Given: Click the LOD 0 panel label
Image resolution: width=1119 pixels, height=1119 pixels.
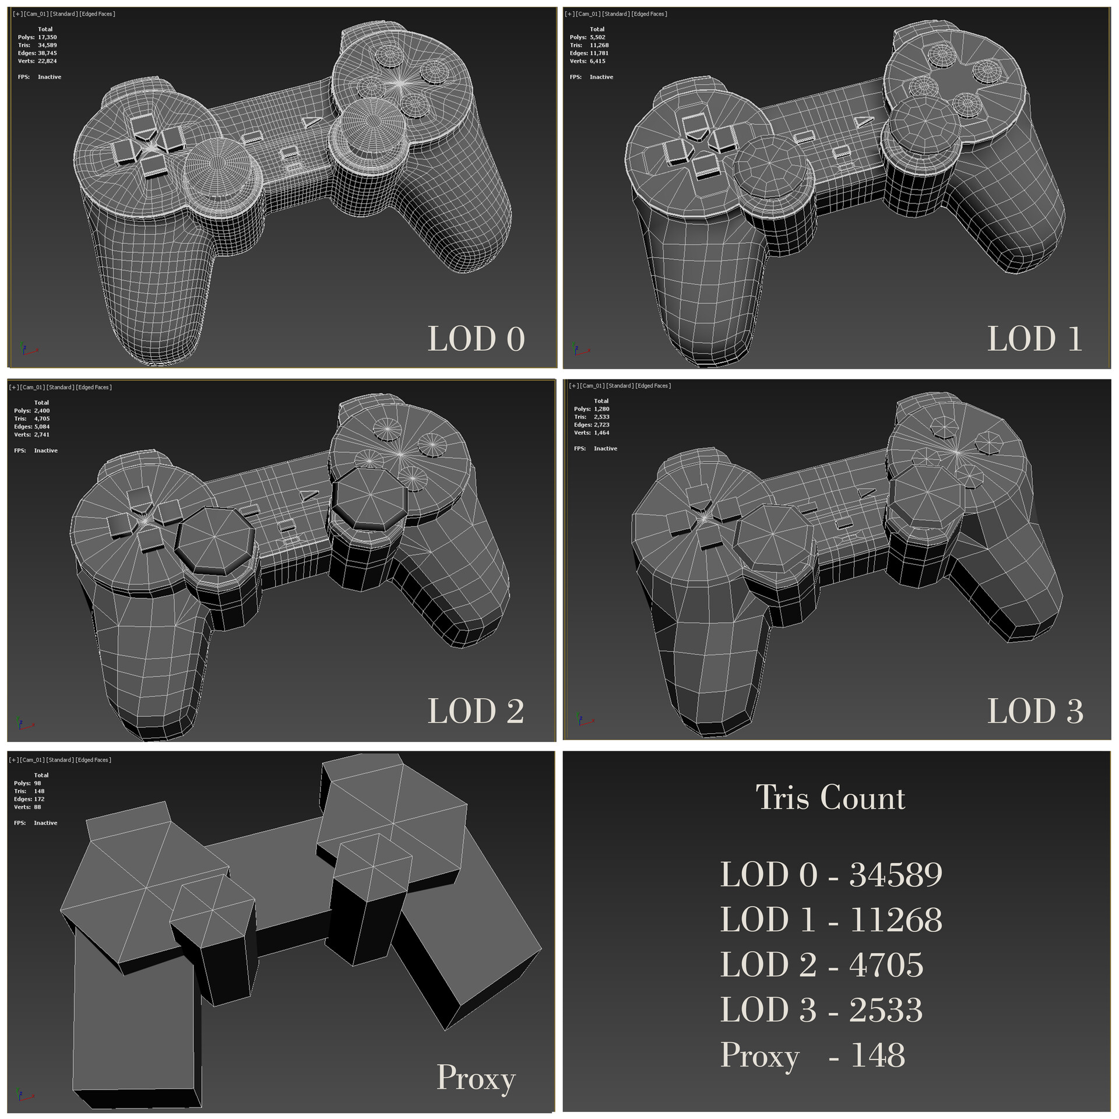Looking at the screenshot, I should (476, 339).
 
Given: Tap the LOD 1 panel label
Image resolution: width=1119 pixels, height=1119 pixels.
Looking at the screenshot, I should (1034, 339).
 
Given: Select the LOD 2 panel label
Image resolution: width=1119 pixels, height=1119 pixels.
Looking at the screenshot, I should (476, 711).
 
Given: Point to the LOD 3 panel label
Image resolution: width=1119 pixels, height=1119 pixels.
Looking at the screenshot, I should (1034, 711).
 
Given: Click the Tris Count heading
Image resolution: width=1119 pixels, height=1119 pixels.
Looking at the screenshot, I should (830, 797).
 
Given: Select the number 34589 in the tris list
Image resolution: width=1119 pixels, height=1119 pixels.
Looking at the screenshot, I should (895, 875).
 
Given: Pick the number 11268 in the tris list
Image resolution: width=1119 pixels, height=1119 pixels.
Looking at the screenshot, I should (895, 920).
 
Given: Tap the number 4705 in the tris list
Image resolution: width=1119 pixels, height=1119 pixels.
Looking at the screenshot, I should (886, 965).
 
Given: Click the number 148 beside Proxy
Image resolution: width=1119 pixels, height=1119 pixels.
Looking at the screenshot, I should (878, 1055).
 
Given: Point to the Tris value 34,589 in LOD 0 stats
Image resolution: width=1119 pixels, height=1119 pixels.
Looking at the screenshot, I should (47, 45).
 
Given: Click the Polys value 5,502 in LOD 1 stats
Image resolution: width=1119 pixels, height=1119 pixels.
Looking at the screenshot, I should (597, 37).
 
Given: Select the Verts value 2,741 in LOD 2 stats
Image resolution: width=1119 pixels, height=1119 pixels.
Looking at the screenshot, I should (41, 435).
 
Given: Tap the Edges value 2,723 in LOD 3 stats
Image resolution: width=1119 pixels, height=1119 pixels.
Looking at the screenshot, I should (601, 425).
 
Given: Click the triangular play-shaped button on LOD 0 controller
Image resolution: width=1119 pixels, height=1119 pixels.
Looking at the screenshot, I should (311, 121).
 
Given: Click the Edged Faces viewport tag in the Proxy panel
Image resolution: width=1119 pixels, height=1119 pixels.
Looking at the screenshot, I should (93, 760).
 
